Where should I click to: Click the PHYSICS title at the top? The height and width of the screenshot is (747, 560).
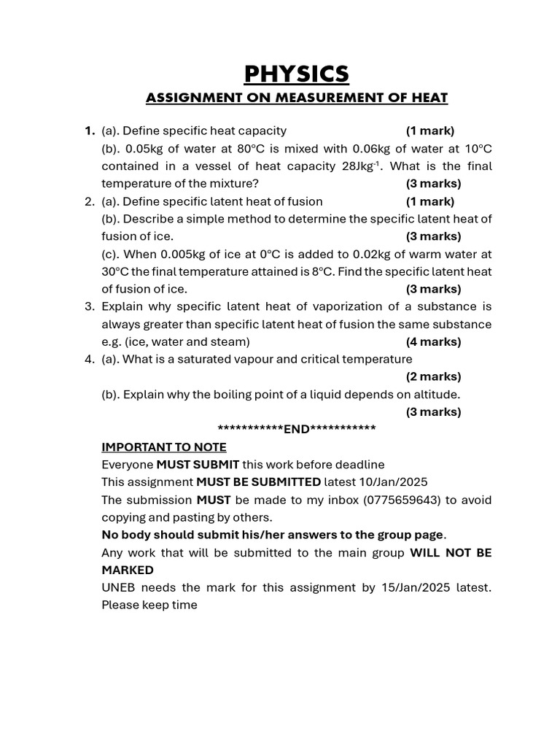point(297,74)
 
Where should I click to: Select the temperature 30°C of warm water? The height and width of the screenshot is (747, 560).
point(115,271)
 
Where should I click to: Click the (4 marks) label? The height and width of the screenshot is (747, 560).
point(433,341)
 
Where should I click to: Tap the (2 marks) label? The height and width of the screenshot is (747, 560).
point(433,376)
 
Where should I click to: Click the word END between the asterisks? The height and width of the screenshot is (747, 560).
point(297,429)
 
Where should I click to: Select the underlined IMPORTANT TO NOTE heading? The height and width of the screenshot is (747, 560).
point(164,447)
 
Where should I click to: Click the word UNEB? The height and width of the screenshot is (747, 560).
point(118,587)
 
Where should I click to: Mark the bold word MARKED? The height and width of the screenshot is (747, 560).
point(128,570)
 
